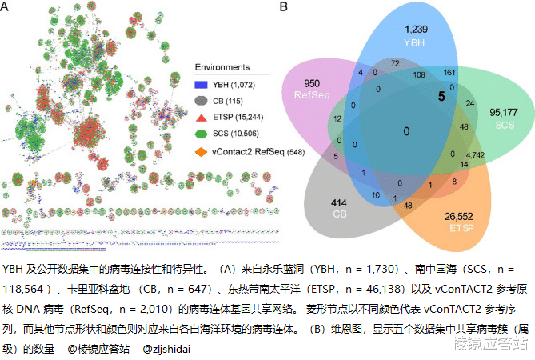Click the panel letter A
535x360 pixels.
pyautogui.click(x=6, y=6)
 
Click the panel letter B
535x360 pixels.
pyautogui.click(x=282, y=6)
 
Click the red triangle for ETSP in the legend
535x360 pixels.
pyautogui.click(x=202, y=116)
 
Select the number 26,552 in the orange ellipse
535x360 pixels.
pyautogui.click(x=457, y=216)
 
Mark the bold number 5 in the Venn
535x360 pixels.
pyautogui.click(x=440, y=96)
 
